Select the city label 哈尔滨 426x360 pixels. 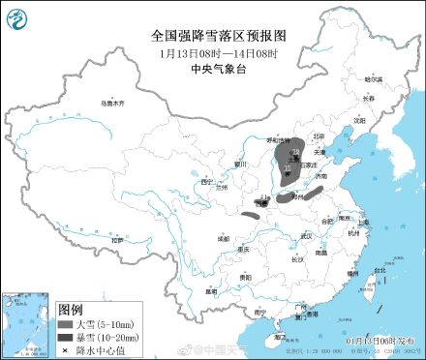point(373,78)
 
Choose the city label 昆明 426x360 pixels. point(211,290)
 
